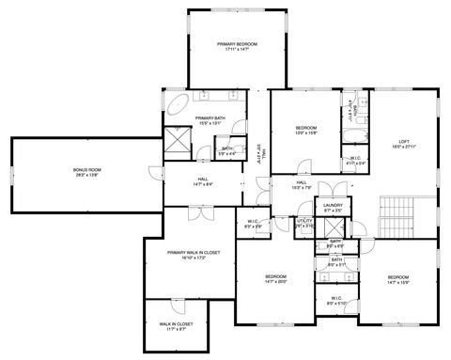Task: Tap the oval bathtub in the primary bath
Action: click(x=177, y=102)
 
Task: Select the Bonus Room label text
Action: click(x=87, y=172)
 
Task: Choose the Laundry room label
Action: click(x=331, y=207)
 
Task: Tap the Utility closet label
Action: click(x=304, y=223)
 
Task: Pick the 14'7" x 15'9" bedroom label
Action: click(x=398, y=279)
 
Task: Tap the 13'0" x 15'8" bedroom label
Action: click(x=306, y=131)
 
